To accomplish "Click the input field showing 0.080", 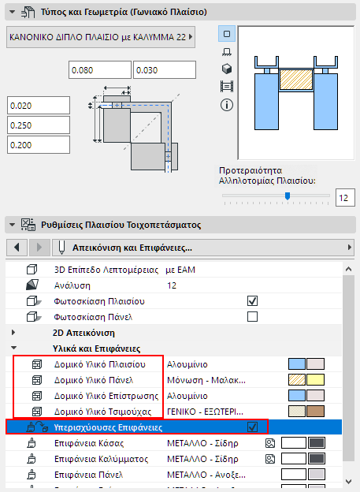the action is (x=100, y=70).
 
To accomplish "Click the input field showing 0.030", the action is (x=165, y=70).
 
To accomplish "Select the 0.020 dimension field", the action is (x=39, y=106).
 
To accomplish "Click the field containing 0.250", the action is (x=39, y=125).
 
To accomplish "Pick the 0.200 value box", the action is (x=39, y=145).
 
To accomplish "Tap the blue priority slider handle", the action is (x=288, y=196).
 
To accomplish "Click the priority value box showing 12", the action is (x=345, y=198).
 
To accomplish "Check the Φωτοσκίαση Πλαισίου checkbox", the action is (x=252, y=301).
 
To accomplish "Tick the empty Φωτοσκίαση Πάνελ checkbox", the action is (x=252, y=317).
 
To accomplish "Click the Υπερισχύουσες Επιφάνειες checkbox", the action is (x=252, y=427).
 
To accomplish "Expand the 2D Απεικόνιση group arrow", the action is (x=13, y=332).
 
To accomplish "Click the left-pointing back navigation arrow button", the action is (x=17, y=248).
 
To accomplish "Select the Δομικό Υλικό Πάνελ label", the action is (x=94, y=380).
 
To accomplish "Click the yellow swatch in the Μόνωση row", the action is (x=315, y=380).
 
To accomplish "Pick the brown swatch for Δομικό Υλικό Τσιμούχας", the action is (x=315, y=412).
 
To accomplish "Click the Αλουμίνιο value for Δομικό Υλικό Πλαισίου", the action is (x=187, y=364).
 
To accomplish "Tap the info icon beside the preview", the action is (x=227, y=105).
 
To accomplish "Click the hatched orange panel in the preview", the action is (x=295, y=80).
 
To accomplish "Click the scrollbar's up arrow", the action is (x=348, y=269).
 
